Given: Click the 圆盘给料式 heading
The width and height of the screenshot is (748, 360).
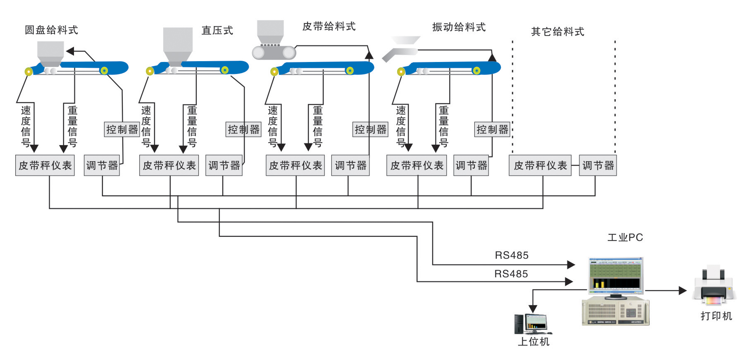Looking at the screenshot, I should click(x=51, y=30).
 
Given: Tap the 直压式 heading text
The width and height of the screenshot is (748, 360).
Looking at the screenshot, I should click(x=217, y=31).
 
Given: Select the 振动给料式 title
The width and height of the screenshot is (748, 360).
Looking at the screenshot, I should click(x=459, y=27).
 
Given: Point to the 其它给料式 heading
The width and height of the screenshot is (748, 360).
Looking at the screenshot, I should click(x=557, y=32).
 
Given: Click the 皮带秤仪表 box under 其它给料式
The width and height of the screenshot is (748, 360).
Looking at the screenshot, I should click(x=540, y=166).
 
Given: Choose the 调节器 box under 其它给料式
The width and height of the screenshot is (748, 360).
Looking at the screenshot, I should click(x=598, y=166).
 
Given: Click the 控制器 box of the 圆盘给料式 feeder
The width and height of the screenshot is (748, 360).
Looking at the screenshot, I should click(x=122, y=130).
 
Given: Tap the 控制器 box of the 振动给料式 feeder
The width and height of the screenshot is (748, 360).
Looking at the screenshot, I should click(x=492, y=130).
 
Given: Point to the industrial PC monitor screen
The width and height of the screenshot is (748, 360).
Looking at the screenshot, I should click(x=616, y=274).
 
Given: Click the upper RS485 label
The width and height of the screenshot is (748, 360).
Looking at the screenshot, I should click(x=512, y=255).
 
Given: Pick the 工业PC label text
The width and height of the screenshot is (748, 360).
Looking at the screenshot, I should click(x=625, y=238).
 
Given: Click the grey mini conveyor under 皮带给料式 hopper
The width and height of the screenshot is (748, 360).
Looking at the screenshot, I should click(x=274, y=52).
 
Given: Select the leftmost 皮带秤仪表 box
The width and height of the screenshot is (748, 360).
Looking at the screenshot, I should click(x=45, y=166).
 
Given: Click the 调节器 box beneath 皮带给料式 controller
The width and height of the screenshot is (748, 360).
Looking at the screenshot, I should click(x=350, y=166).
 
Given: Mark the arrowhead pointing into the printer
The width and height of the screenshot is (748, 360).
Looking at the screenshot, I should click(x=683, y=291).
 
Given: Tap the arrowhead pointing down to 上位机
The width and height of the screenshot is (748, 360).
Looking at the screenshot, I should click(x=533, y=309).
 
